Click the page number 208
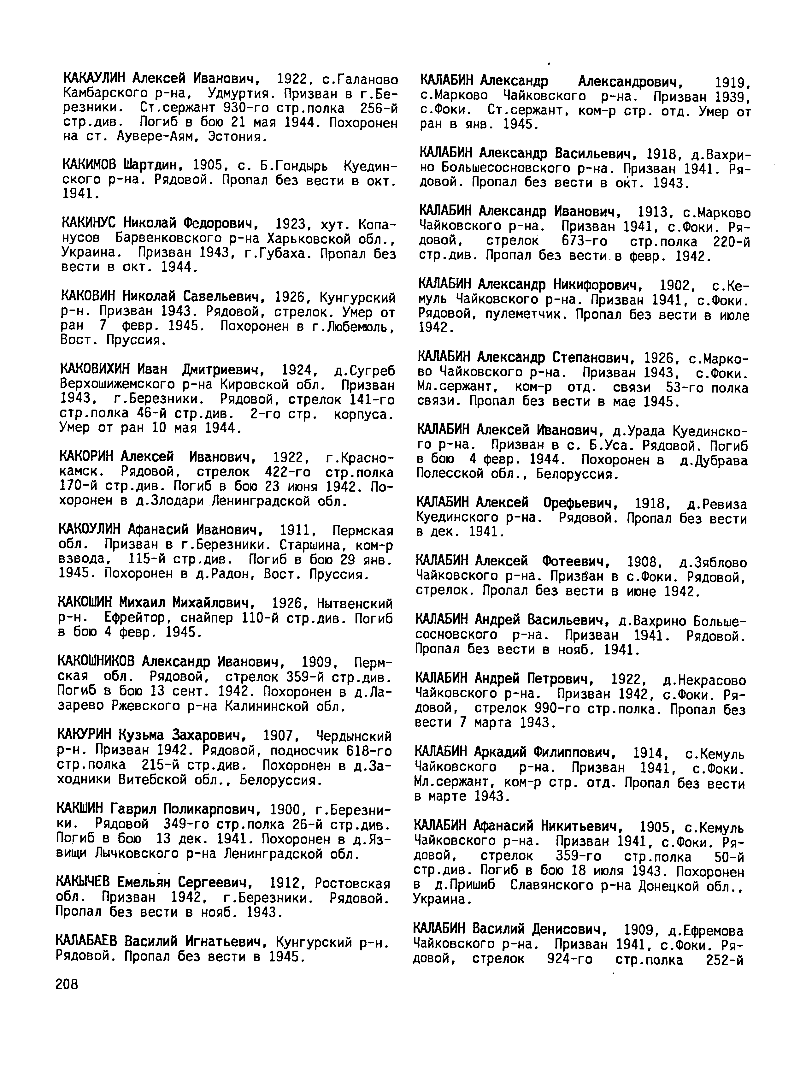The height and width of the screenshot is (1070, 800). (x=67, y=984)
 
